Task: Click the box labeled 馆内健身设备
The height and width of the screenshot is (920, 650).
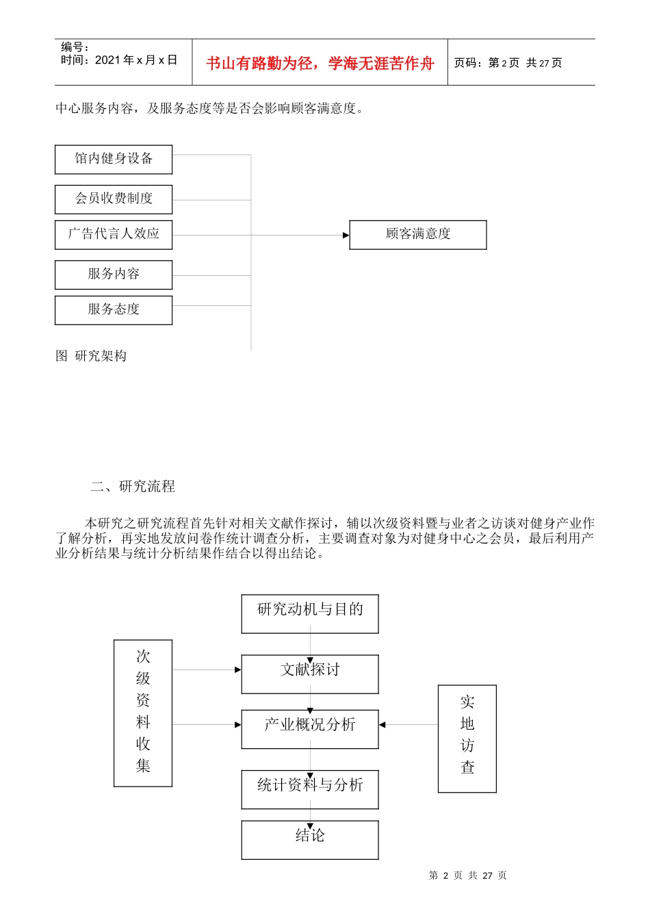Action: click(x=114, y=159)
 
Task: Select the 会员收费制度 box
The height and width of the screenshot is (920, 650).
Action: click(x=114, y=199)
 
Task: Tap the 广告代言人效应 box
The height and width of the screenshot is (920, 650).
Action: click(x=114, y=234)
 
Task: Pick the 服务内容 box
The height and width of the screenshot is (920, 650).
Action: click(x=114, y=274)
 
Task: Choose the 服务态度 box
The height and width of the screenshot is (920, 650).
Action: click(x=114, y=309)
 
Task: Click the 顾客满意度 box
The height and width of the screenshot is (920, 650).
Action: click(x=418, y=234)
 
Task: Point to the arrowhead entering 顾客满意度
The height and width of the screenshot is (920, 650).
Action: click(x=346, y=235)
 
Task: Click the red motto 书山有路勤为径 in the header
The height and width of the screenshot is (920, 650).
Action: click(x=320, y=64)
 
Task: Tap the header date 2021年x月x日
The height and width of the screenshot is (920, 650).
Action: click(x=136, y=60)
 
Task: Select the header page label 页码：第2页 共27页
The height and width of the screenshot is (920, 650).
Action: click(x=508, y=63)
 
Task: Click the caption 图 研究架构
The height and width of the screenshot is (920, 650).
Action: click(x=91, y=356)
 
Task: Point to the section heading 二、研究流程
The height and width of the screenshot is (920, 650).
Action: click(x=133, y=487)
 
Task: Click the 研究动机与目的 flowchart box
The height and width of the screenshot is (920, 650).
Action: click(x=310, y=613)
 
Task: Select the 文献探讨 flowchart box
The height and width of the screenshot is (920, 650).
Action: click(x=310, y=673)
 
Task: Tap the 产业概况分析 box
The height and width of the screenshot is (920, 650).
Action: click(x=310, y=728)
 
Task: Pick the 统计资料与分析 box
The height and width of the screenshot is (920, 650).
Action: click(x=310, y=788)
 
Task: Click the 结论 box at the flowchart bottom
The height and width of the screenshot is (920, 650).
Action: click(x=310, y=839)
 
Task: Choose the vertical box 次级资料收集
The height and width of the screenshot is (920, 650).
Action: click(x=143, y=712)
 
